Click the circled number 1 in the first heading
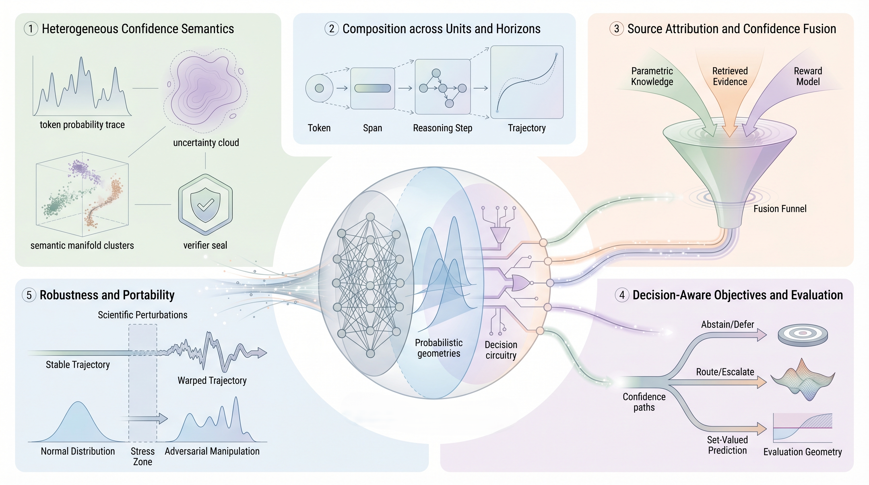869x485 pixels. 31,29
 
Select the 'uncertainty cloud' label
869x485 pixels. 206,143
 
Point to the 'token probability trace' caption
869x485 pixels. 82,125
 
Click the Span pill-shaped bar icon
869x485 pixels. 372,88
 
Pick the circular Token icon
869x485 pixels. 319,88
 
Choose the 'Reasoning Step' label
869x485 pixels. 442,128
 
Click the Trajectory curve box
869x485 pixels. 527,82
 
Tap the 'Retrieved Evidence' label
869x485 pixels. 730,76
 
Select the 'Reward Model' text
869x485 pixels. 808,76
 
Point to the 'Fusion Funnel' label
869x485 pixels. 780,209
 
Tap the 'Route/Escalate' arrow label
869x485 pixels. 725,372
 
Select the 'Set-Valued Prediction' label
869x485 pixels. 727,445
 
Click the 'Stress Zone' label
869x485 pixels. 142,456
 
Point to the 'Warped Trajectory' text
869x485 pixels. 212,380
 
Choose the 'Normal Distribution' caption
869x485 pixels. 78,451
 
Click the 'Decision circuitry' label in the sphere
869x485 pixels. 500,350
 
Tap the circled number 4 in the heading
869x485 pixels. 622,295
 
